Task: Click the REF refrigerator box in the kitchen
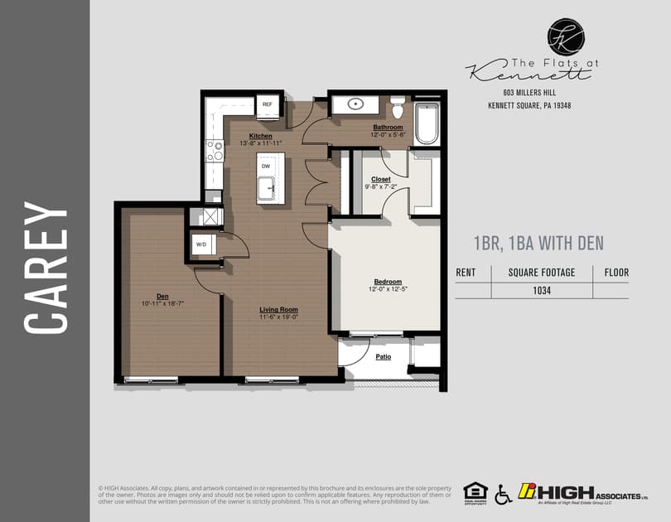268,105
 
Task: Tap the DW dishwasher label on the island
266,167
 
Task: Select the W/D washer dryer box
201,244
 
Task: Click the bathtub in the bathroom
426,123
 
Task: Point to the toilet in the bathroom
397,109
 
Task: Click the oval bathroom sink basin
356,104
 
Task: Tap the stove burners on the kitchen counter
214,151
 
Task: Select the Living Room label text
278,310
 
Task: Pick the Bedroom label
387,281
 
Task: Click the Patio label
383,357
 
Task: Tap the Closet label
381,179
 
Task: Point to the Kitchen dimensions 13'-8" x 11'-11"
261,143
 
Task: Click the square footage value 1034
543,291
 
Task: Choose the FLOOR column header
616,272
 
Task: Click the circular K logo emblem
566,37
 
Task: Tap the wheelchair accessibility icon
503,495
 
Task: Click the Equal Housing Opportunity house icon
475,492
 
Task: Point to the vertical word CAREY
46,267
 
